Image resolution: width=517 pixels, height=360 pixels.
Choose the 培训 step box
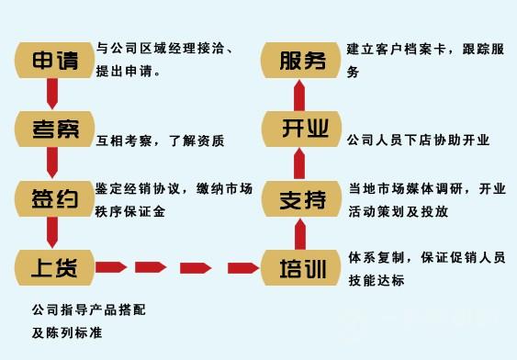[298, 267]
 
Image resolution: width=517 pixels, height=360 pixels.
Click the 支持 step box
[298, 197]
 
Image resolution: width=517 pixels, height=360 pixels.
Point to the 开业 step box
[298, 129]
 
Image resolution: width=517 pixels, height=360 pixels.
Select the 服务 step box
[298, 62]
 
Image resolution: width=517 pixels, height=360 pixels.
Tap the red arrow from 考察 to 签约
[53, 163]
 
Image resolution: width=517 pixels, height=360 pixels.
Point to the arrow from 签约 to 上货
[53, 232]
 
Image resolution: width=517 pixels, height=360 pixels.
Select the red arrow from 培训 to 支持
[298, 233]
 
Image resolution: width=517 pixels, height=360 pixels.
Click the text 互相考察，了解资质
[160, 141]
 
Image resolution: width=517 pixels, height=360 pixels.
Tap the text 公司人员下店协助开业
[418, 141]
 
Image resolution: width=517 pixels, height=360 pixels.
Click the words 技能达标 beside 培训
[376, 280]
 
